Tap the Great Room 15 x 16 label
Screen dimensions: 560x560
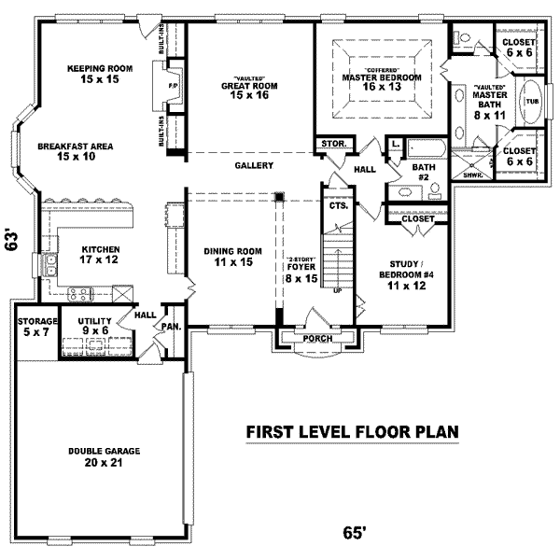point(250,89)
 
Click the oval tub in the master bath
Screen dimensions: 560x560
point(532,101)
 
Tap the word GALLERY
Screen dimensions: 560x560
point(254,166)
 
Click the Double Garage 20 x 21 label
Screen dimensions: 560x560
point(104,456)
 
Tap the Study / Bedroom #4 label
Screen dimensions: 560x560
point(408,270)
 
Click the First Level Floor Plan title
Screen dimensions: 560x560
point(352,432)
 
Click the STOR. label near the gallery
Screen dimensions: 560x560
point(333,145)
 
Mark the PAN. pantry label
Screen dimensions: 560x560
point(171,328)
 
